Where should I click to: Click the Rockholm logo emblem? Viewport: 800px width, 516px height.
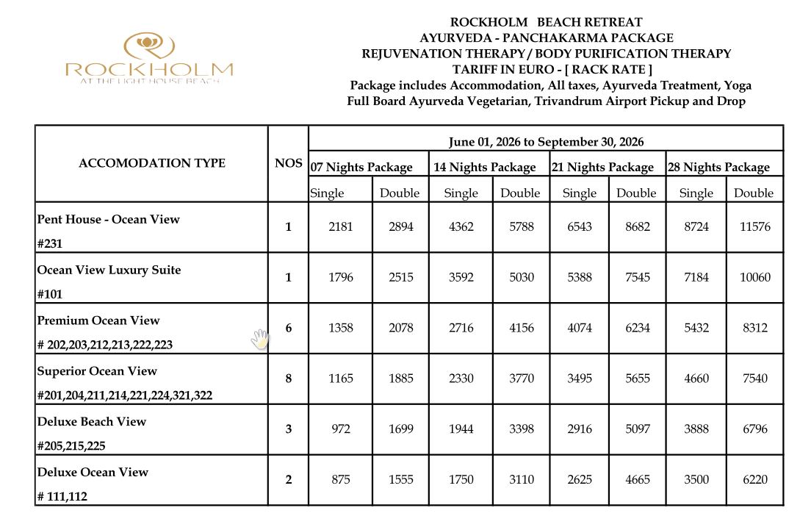(149, 46)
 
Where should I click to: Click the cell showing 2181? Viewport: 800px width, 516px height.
(341, 226)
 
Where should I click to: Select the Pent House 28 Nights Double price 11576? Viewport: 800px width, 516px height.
(754, 226)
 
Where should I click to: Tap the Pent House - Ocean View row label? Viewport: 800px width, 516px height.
(108, 219)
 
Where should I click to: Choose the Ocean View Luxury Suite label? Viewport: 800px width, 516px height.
(109, 270)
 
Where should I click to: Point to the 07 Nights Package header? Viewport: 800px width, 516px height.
(361, 168)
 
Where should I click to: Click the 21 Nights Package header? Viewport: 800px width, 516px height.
(602, 168)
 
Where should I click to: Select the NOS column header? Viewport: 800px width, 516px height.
(288, 163)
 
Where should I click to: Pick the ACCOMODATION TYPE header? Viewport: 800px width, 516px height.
(152, 163)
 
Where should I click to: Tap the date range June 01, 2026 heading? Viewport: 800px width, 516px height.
(546, 142)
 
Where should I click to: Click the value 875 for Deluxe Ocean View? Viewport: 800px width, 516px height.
(341, 479)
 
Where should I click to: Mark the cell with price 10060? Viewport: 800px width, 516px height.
(754, 277)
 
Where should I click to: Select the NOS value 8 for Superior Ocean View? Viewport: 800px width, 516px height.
(288, 378)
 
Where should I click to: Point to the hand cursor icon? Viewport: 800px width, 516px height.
(260, 339)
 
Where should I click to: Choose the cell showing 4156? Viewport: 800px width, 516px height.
(521, 328)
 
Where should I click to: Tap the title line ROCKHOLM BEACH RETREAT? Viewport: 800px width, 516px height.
(546, 22)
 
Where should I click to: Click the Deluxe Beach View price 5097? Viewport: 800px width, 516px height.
(636, 429)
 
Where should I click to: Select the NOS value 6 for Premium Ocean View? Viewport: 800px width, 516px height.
(288, 328)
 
